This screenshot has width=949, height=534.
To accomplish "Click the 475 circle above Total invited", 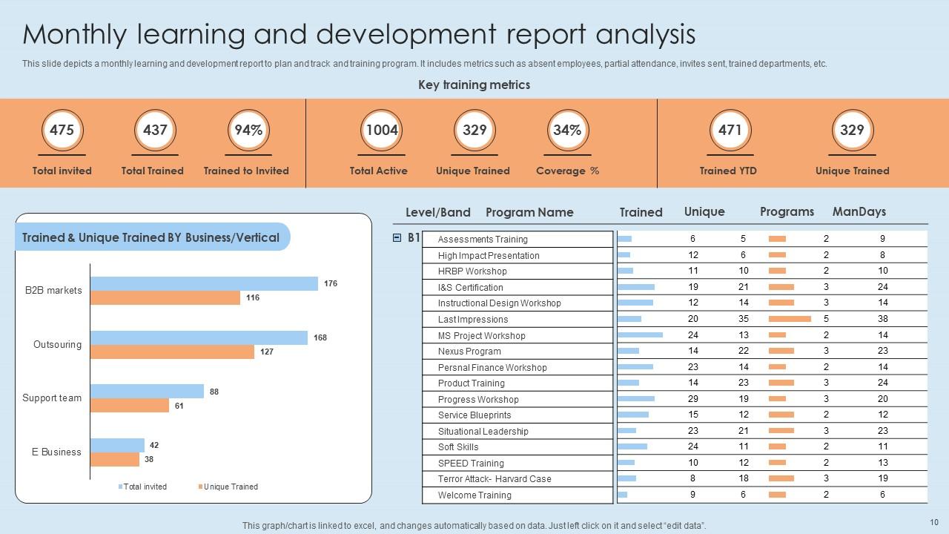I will tap(62, 131).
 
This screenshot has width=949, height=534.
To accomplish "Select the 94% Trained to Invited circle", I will tap(248, 131).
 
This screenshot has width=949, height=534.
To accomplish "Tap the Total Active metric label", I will tap(378, 171).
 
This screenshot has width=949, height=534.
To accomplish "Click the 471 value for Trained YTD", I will tap(730, 131).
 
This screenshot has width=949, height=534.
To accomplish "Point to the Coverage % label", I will tap(567, 171).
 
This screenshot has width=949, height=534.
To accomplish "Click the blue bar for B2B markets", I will tap(204, 283).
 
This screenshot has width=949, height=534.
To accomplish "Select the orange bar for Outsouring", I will tap(173, 352).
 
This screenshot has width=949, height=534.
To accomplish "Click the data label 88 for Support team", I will tap(214, 392).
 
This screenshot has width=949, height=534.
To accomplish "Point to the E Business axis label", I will tap(57, 452).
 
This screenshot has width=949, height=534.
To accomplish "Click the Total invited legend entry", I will tap(145, 487).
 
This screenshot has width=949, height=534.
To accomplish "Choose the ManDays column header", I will tap(859, 211).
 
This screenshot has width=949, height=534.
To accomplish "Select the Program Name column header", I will tap(529, 212).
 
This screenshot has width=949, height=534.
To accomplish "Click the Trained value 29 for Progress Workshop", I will tap(693, 399).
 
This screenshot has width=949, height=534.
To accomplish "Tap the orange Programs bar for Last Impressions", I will tap(790, 319).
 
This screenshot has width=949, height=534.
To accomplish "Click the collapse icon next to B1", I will tap(397, 238).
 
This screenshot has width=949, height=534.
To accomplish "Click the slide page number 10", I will tap(933, 522).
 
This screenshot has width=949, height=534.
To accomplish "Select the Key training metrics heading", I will tap(474, 85).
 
